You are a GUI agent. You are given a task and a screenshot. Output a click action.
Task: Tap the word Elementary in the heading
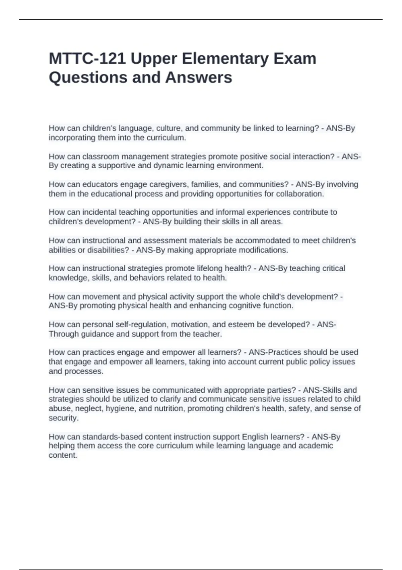click(225, 59)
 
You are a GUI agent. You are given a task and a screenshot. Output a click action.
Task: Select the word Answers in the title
click(198, 77)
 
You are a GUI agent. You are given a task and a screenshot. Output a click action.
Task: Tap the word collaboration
click(299, 194)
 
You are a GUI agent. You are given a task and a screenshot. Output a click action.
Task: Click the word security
click(64, 418)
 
